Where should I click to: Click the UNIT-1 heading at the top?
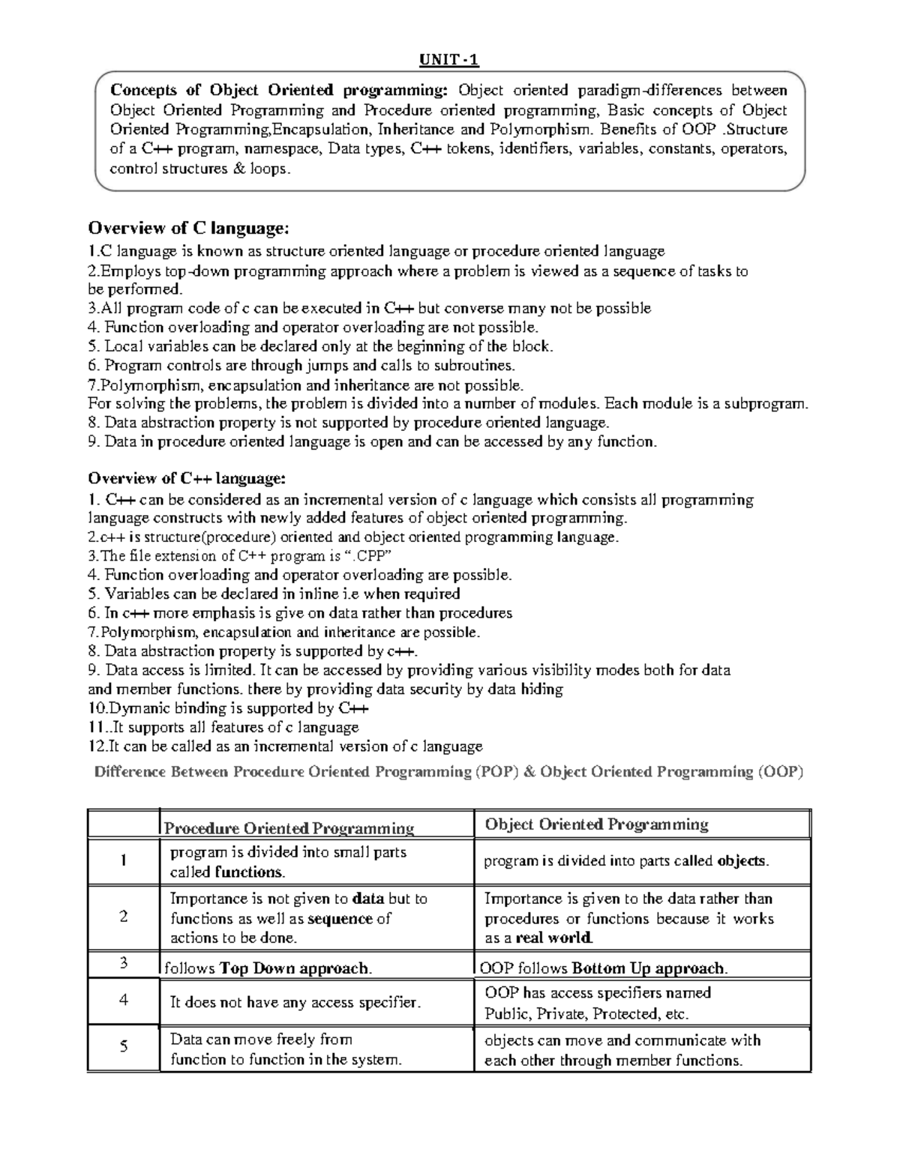[x=448, y=60]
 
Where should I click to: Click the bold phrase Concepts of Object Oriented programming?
[x=278, y=91]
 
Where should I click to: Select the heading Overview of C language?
[x=187, y=227]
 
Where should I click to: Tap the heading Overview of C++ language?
[x=187, y=478]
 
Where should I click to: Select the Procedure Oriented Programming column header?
[x=289, y=828]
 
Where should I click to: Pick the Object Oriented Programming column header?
[x=596, y=824]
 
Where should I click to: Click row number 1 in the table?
[x=124, y=860]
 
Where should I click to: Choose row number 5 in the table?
[x=124, y=1046]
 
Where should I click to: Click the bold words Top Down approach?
[x=295, y=968]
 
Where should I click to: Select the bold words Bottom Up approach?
[x=649, y=968]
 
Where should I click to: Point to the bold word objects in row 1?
[x=742, y=861]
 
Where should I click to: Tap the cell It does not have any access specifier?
[x=295, y=1002]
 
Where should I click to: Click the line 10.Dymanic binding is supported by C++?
[x=229, y=708]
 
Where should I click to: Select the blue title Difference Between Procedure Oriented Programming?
[x=448, y=772]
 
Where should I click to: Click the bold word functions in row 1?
[x=249, y=872]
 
